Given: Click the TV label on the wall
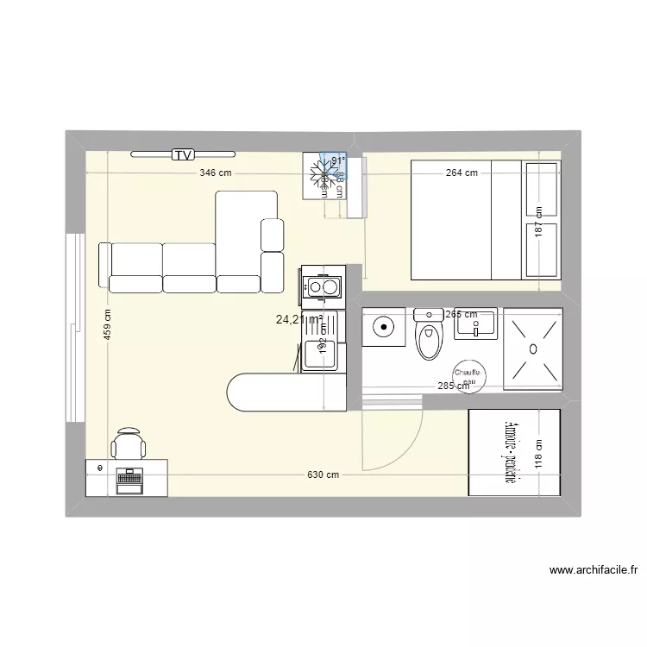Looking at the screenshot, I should pos(182,155).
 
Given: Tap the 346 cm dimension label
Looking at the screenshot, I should pos(216,173).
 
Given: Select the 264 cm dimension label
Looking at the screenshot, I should pos(462,173).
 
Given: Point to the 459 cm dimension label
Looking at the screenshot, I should pos(108,325).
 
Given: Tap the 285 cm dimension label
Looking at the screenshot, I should pos(453,386).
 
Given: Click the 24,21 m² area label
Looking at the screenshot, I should pos(298,320).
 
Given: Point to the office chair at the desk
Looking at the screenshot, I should pos(129,443).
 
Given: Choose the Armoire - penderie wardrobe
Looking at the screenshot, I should pos(514,453).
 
